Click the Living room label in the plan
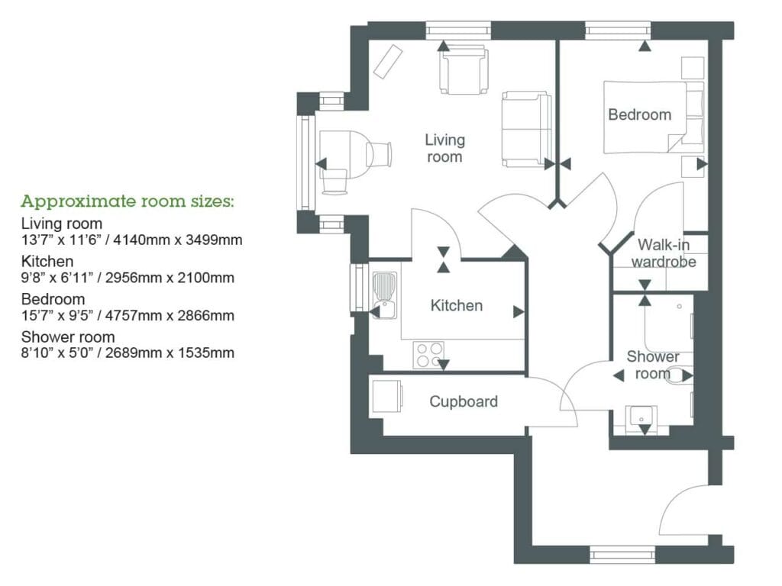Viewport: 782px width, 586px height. point(444,149)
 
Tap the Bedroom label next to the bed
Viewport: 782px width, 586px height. point(639,115)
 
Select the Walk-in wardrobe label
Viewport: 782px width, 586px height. point(666,253)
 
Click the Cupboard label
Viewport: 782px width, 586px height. point(463,401)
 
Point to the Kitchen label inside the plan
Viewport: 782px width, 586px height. point(457,306)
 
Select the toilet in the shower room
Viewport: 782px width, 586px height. point(675,375)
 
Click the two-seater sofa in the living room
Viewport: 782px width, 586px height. point(525,129)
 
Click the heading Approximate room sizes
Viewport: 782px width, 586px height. point(128,202)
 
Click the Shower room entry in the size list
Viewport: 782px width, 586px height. point(68,337)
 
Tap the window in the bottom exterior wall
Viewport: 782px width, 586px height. point(622,555)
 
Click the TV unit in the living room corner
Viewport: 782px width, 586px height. point(389,60)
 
